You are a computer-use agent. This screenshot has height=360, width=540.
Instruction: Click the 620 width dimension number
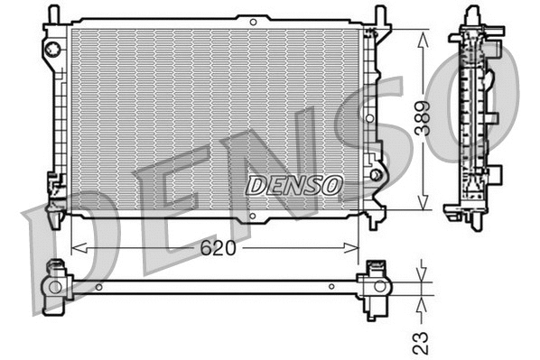tap(217, 246)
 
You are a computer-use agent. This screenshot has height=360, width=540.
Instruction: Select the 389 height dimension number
tap(422, 117)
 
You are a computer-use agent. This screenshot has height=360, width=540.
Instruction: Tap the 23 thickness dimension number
tap(421, 341)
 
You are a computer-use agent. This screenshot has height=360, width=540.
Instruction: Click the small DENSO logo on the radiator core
tap(294, 184)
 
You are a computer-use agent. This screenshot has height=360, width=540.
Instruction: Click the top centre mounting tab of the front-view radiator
tap(253, 19)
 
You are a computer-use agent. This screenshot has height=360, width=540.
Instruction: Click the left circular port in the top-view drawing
tap(55, 288)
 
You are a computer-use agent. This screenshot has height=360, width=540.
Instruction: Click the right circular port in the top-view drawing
tap(371, 288)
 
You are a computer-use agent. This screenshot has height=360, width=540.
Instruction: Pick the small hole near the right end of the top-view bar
tap(340, 288)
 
